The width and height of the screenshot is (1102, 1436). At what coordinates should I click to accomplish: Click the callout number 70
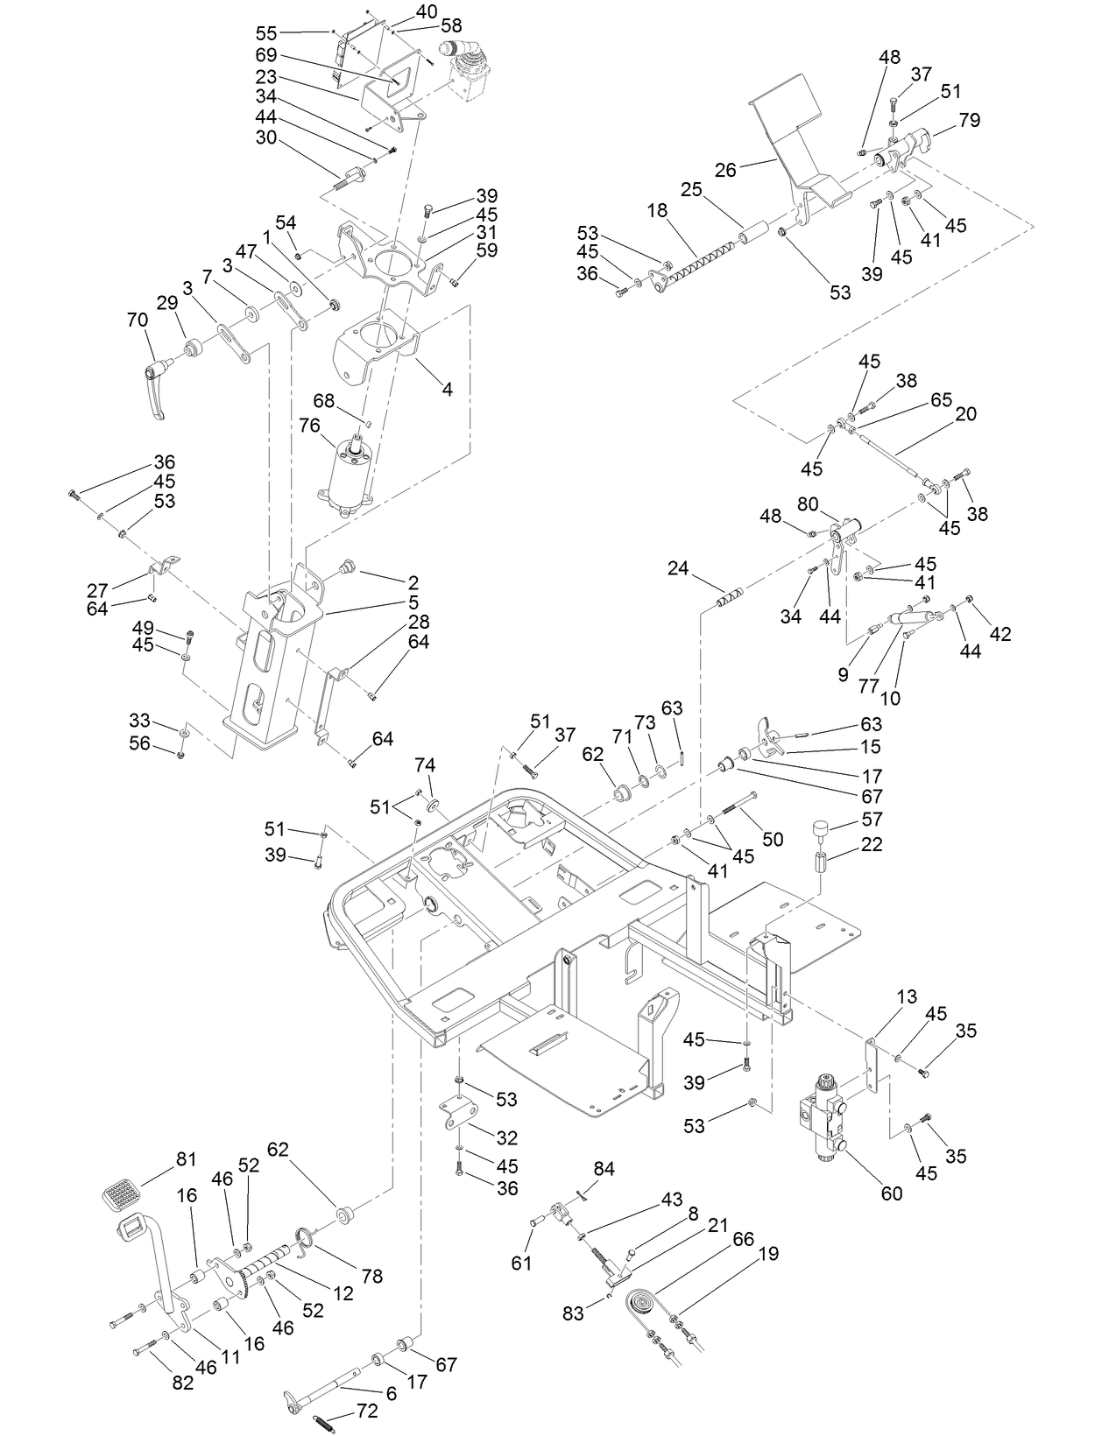(x=138, y=320)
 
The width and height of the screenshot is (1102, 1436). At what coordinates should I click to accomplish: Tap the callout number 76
(x=309, y=425)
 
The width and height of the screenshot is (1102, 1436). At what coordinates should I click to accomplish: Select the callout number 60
(x=891, y=1193)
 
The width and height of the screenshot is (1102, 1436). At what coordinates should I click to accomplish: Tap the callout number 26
(x=725, y=170)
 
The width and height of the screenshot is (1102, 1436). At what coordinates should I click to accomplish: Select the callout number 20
(x=965, y=413)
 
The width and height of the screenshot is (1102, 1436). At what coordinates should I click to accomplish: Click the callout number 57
(x=872, y=820)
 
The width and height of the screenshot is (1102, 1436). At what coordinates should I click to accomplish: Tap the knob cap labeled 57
(x=822, y=827)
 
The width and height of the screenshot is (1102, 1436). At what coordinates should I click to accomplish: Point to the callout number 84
(x=604, y=1169)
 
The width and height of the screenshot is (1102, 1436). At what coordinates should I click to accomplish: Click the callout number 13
(x=907, y=996)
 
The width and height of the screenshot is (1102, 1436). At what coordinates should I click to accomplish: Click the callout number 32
(x=506, y=1137)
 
